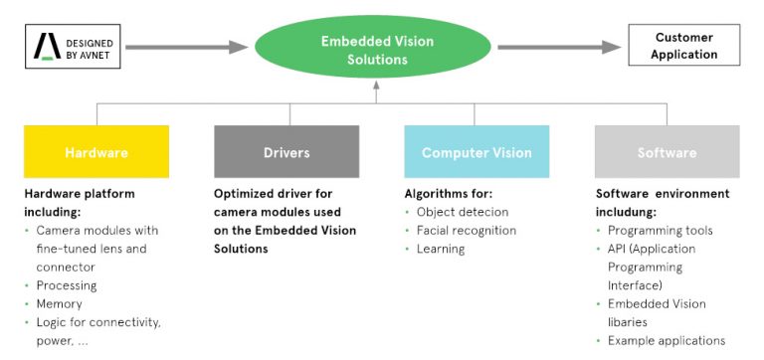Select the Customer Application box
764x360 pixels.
pyautogui.click(x=684, y=46)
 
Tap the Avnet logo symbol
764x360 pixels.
pyautogui.click(x=46, y=46)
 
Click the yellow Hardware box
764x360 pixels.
pyautogui.click(x=96, y=152)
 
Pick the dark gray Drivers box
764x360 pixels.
pyautogui.click(x=286, y=152)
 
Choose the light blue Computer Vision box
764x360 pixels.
pyautogui.click(x=477, y=152)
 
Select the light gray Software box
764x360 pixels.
pyautogui.click(x=667, y=152)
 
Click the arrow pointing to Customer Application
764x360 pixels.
pyautogui.click(x=557, y=46)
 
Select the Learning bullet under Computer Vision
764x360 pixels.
pyautogui.click(x=440, y=249)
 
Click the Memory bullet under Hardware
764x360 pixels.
pyautogui.click(x=60, y=303)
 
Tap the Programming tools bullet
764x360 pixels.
pyautogui.click(x=660, y=231)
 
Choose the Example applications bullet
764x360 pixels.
pyautogui.click(x=666, y=341)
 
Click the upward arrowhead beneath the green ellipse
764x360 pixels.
pyautogui.click(x=377, y=89)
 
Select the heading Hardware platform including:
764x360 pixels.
pyautogui.click(x=79, y=202)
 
